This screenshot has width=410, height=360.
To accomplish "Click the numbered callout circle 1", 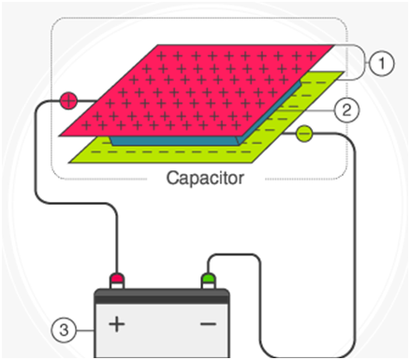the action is [381, 64].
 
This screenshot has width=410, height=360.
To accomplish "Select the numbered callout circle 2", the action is [346, 110].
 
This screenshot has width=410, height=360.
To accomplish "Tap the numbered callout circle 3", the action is [64, 330].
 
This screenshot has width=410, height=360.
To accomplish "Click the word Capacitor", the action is [205, 178].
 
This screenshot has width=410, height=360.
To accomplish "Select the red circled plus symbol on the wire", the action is [68, 101].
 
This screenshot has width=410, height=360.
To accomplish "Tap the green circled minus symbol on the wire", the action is [304, 134].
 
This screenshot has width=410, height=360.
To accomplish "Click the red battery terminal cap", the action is [117, 278].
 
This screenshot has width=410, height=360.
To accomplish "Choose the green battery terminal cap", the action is [208, 278].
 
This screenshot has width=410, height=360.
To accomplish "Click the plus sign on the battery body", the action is [117, 324].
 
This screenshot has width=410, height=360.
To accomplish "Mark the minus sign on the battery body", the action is [208, 324].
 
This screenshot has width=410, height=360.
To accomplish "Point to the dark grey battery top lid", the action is [162, 296].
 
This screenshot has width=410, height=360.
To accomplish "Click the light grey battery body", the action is [162, 331].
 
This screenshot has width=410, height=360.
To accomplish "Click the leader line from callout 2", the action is [306, 110].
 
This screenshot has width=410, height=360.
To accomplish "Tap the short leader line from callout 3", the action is [85, 330].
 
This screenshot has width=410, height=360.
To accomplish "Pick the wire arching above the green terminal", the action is [233, 255].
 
